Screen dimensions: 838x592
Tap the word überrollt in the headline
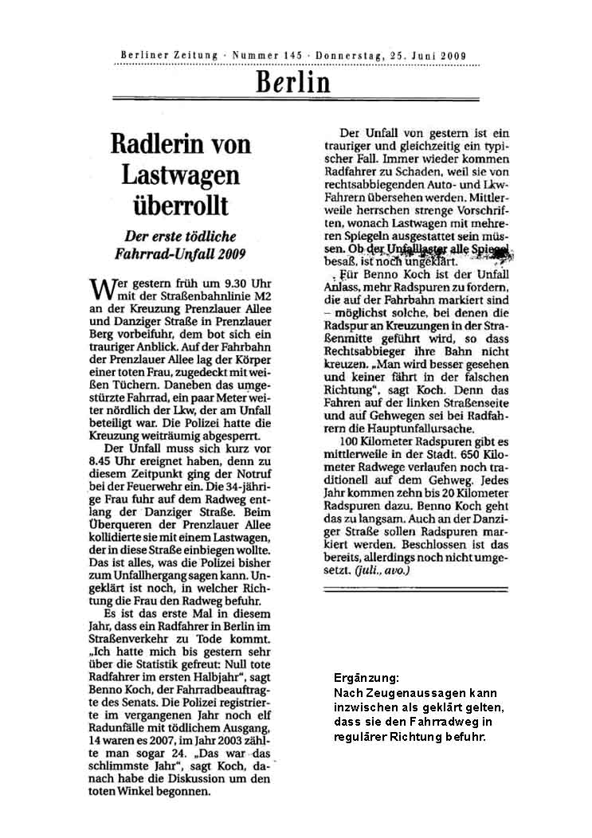pyautogui.click(x=180, y=204)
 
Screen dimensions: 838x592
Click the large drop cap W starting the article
pyautogui.click(x=100, y=288)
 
